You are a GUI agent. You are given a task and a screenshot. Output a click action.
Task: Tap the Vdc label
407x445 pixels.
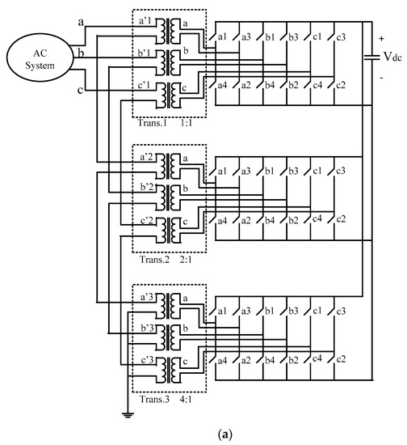391,58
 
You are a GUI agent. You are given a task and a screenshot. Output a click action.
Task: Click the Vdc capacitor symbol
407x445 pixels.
371,57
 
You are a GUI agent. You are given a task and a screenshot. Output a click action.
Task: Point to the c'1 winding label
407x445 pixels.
145,85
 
